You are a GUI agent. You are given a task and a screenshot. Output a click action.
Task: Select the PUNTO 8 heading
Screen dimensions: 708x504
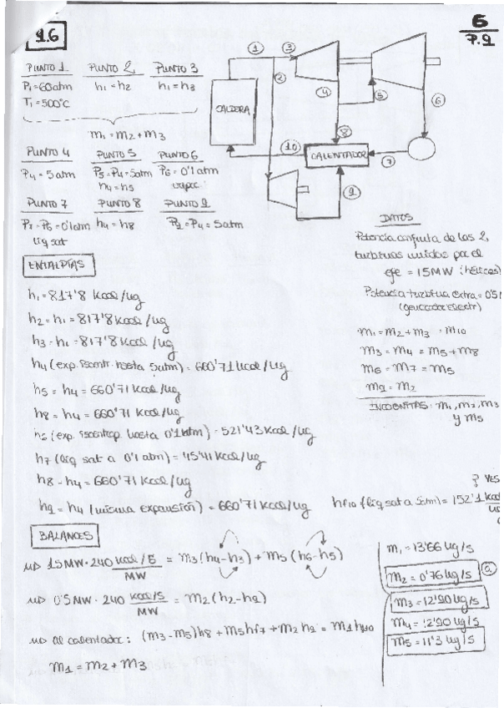tap(118, 202)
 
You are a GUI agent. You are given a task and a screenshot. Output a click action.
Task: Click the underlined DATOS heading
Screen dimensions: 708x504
tap(395, 218)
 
